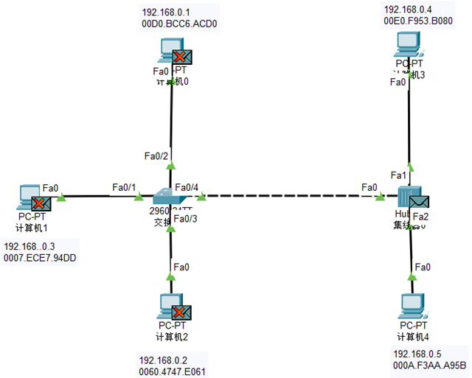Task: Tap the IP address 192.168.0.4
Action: (408, 9)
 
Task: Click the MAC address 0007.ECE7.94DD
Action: (41, 258)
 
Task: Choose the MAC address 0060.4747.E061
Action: (172, 371)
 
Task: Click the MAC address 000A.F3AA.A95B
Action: (430, 365)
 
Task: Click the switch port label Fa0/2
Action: (157, 155)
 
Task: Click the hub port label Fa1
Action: (398, 175)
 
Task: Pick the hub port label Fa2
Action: (420, 216)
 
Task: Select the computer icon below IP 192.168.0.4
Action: (408, 46)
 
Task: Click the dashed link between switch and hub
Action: (288, 197)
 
